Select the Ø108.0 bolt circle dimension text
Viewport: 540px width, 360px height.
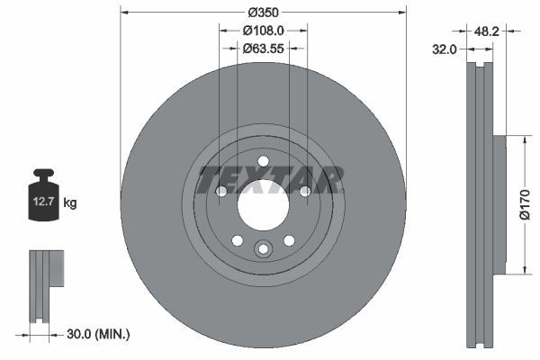pyautogui.click(x=264, y=30)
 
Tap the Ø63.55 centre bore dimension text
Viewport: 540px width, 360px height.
pyautogui.click(x=264, y=49)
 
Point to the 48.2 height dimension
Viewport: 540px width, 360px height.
pyautogui.click(x=486, y=31)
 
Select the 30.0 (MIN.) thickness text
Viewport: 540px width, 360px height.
pyautogui.click(x=100, y=334)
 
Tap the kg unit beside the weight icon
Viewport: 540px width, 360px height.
pyautogui.click(x=70, y=203)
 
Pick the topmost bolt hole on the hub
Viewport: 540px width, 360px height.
pyautogui.click(x=263, y=162)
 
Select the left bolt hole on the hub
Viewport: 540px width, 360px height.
pyautogui.click(x=221, y=192)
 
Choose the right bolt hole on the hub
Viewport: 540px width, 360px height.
pyautogui.click(x=304, y=192)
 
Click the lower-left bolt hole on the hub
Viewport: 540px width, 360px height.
pyautogui.click(x=238, y=240)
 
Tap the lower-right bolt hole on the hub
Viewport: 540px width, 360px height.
pyautogui.click(x=289, y=240)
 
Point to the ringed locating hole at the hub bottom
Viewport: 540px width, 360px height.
pyautogui.click(x=263, y=250)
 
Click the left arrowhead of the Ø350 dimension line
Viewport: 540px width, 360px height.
pyautogui.click(x=124, y=13)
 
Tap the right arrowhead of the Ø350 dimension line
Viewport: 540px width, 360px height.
pyautogui.click(x=401, y=13)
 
